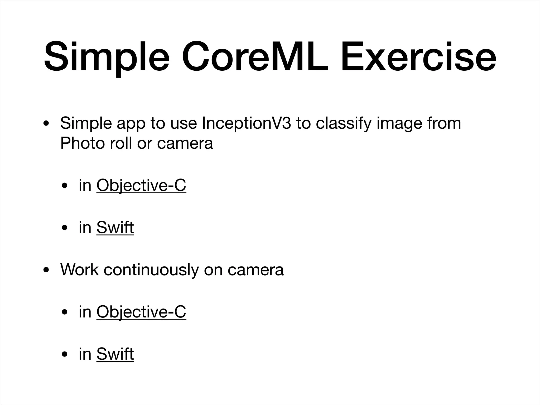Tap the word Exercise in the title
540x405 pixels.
click(x=418, y=57)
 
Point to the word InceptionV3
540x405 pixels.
click(x=246, y=123)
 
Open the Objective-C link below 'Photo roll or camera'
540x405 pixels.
click(x=141, y=185)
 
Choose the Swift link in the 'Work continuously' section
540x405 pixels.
click(x=115, y=354)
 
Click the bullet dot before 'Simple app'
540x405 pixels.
click(x=46, y=124)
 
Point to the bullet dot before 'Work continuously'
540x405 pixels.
click(x=46, y=270)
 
